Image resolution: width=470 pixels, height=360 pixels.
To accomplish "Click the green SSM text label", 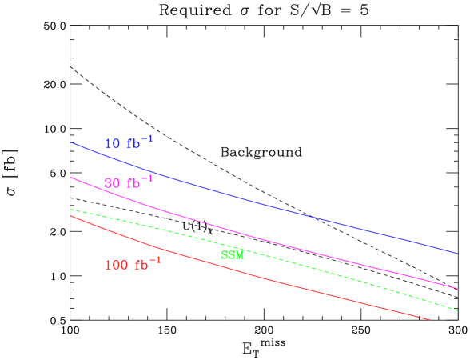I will (232, 255).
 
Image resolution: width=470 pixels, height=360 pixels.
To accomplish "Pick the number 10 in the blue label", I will (113, 144).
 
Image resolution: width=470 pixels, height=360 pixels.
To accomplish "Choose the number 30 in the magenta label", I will (113, 183).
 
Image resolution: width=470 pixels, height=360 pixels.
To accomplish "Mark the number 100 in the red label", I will (117, 265).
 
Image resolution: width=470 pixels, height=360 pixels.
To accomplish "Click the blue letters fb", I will (133, 144).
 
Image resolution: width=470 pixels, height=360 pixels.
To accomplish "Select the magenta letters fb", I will (133, 183).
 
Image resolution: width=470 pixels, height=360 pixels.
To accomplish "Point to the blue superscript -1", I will (147, 138).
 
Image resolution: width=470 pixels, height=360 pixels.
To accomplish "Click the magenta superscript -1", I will (147, 178).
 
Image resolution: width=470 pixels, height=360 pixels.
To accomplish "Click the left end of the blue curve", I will (71, 142).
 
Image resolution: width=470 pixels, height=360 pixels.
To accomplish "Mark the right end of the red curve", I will (430, 319).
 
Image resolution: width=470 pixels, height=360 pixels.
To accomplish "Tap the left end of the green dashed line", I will (71, 210).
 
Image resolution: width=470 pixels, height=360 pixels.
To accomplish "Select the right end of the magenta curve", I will (457, 288).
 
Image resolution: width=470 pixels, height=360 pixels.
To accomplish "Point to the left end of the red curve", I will (71, 216).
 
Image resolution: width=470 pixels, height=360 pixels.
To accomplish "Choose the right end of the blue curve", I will (457, 253).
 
